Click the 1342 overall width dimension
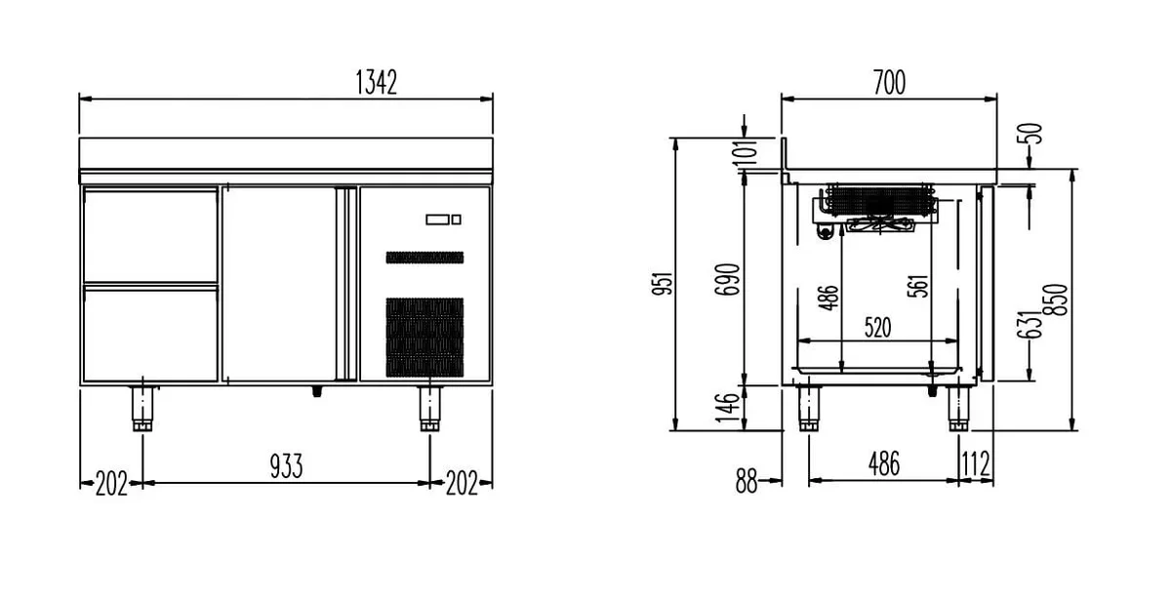(377, 83)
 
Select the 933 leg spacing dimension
(287, 466)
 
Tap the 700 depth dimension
(889, 83)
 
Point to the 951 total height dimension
(662, 283)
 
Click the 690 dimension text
(727, 280)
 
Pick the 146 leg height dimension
(727, 408)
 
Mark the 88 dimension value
(746, 481)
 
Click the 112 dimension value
(976, 463)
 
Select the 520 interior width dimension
(877, 328)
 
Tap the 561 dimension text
(918, 286)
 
